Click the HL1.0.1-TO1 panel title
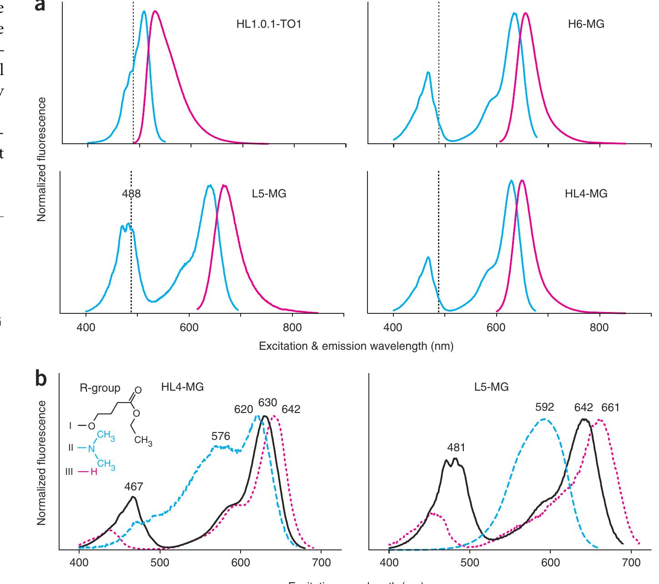[x=268, y=24]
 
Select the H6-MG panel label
[x=586, y=24]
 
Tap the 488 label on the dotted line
[x=131, y=194]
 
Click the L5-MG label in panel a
[x=269, y=194]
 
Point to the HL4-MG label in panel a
[x=586, y=194]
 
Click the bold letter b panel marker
[x=41, y=378]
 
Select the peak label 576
[x=221, y=437]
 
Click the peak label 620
[x=243, y=409]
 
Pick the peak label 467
[x=134, y=487]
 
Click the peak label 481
[x=456, y=448]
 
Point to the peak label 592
[x=544, y=408]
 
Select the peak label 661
[x=610, y=408]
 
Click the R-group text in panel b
[x=100, y=388]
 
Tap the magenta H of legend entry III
[x=94, y=472]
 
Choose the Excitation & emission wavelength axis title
[x=356, y=346]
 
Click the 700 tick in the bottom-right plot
[x=631, y=563]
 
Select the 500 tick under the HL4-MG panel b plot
[x=160, y=563]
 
